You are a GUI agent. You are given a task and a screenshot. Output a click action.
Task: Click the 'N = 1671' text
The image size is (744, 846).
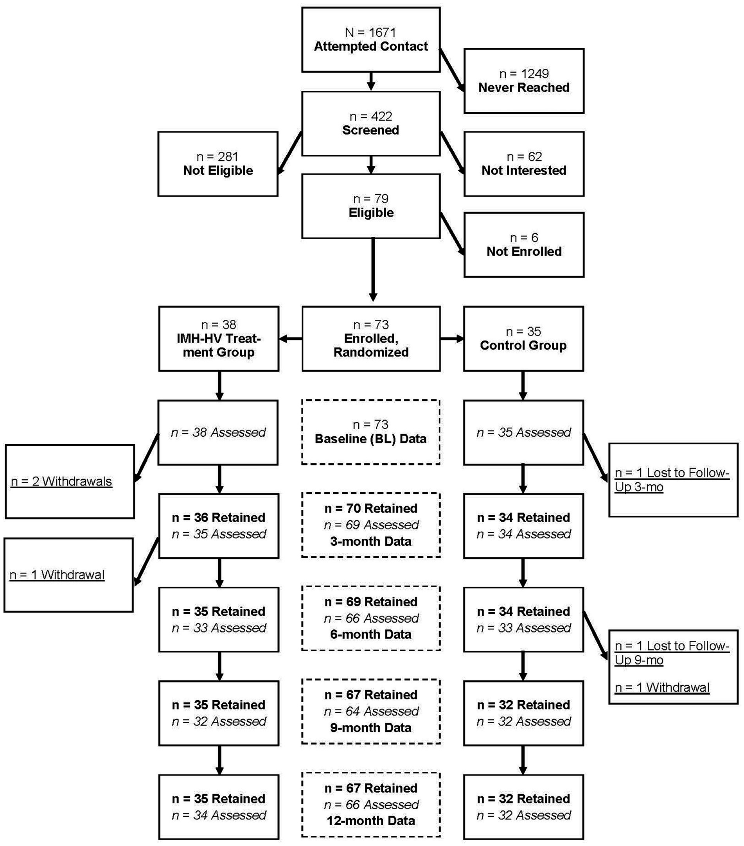click(x=370, y=32)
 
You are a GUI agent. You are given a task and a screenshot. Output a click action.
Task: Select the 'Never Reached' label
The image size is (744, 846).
click(x=524, y=87)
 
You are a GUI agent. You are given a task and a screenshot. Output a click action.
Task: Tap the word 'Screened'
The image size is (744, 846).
click(x=370, y=130)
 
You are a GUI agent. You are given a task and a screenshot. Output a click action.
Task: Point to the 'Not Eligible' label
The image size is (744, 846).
click(x=218, y=170)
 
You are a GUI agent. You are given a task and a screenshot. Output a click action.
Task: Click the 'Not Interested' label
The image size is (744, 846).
click(x=524, y=170)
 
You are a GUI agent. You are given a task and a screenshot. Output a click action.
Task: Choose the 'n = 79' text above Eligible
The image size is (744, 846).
click(x=370, y=199)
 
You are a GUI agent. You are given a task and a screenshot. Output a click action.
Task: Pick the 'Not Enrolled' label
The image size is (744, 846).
click(x=524, y=251)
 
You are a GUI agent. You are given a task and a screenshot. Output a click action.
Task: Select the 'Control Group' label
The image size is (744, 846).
click(x=523, y=345)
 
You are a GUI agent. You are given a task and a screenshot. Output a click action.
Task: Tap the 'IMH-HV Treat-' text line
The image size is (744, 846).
click(x=219, y=339)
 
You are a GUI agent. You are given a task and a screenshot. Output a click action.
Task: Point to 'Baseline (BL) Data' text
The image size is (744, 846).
click(x=370, y=439)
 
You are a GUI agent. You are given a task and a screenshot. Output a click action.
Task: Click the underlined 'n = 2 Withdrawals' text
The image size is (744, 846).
click(x=61, y=481)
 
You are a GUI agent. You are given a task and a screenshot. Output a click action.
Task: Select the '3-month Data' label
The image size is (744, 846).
click(x=370, y=541)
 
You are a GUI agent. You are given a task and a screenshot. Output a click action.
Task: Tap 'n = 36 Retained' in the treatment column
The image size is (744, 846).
click(x=219, y=517)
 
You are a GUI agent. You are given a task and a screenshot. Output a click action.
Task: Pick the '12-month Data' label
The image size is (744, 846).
click(x=370, y=821)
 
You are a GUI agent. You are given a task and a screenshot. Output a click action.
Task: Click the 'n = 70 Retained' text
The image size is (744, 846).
click(x=370, y=508)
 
